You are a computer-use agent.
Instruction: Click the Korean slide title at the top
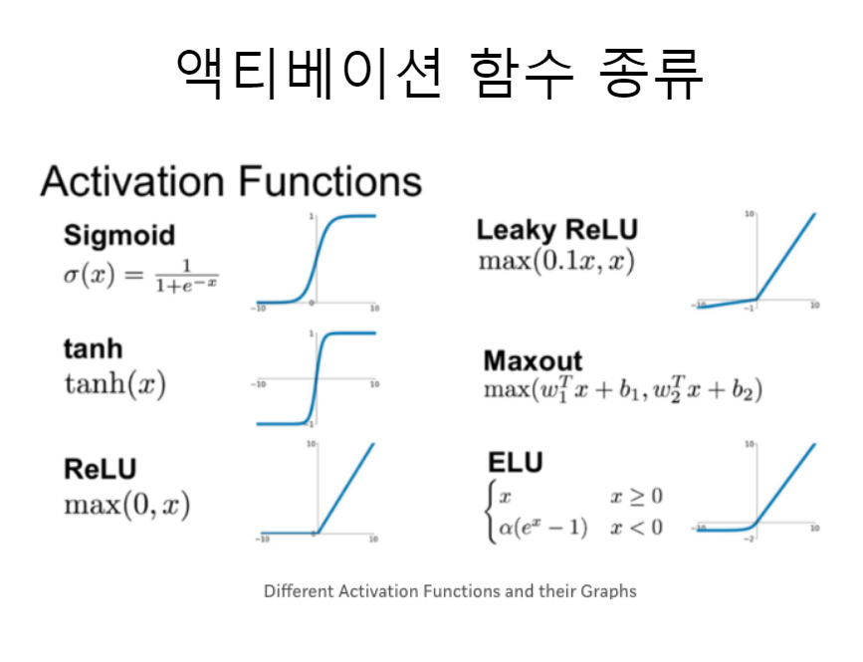(439, 73)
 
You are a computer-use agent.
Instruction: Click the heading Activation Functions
(231, 182)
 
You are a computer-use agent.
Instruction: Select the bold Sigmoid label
(118, 235)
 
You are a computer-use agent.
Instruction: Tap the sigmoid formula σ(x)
(140, 275)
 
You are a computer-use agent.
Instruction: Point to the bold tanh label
(93, 348)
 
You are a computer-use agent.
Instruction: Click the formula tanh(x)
(114, 383)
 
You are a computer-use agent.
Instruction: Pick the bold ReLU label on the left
(100, 468)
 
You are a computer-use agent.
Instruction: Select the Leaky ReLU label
(556, 230)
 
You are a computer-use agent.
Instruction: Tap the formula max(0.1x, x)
(556, 263)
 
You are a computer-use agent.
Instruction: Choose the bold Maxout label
(533, 359)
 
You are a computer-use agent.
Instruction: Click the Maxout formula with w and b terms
(622, 390)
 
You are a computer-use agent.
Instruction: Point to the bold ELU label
(515, 463)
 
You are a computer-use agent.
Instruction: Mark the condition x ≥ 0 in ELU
(636, 496)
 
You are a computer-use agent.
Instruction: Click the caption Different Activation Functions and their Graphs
(450, 591)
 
